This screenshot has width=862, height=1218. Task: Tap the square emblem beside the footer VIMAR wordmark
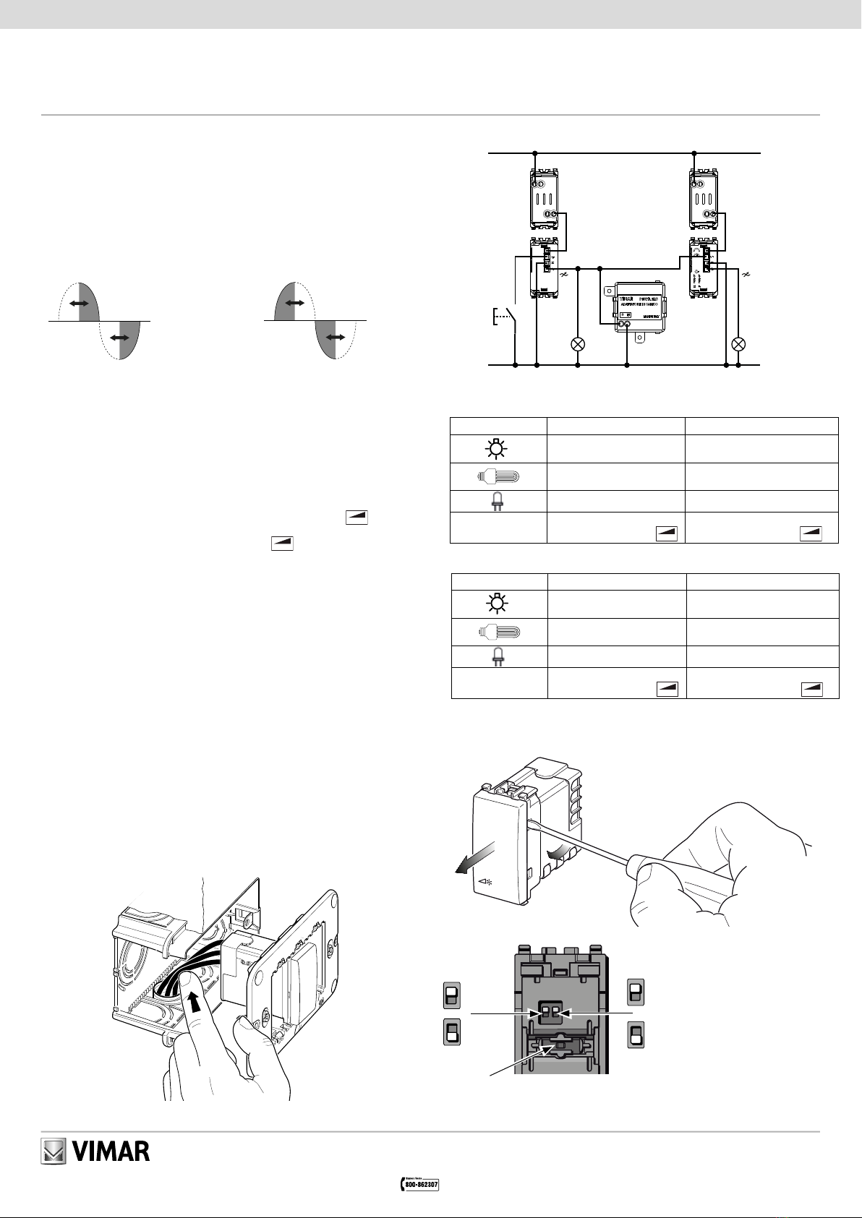pyautogui.click(x=53, y=1151)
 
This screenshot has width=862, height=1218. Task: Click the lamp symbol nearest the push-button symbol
pyautogui.click(x=578, y=344)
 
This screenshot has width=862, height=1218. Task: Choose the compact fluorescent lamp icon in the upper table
pyautogui.click(x=498, y=477)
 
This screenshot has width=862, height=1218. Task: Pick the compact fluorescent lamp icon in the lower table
pyautogui.click(x=498, y=633)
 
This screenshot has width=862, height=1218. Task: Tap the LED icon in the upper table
pyautogui.click(x=498, y=502)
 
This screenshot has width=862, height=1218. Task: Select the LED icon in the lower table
pyautogui.click(x=498, y=657)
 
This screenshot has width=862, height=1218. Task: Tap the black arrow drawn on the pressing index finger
pyautogui.click(x=195, y=1003)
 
